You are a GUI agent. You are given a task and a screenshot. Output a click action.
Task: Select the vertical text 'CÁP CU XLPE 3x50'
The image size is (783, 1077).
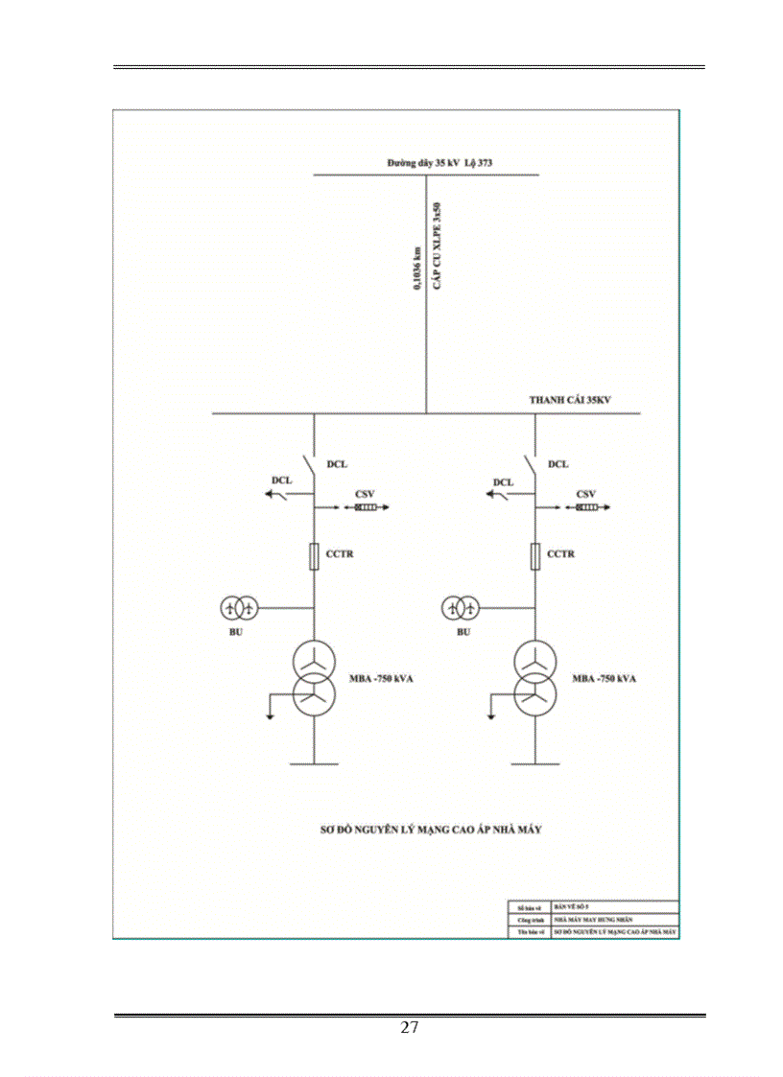(x=437, y=248)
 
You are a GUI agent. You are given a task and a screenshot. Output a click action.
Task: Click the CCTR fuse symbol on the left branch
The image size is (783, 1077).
(x=314, y=555)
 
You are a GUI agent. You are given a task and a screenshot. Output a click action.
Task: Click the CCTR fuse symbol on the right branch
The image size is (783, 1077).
(x=535, y=555)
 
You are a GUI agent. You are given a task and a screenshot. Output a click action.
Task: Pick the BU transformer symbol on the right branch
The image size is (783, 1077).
(x=461, y=607)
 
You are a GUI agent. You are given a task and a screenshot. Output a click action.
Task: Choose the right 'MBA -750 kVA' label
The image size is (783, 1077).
(x=605, y=679)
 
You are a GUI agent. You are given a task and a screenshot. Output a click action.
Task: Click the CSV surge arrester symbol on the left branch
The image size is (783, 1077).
(x=366, y=507)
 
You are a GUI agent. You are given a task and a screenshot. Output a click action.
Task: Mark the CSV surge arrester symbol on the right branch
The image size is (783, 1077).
(x=587, y=507)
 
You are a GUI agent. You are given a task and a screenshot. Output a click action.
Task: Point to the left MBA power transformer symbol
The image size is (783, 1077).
(x=314, y=675)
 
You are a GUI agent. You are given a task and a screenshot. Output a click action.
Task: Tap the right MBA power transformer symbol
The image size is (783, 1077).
(x=535, y=675)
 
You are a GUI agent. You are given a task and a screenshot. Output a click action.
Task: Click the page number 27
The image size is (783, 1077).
(x=410, y=1028)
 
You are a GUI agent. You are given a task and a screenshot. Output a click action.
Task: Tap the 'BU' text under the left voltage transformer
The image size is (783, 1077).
(x=235, y=632)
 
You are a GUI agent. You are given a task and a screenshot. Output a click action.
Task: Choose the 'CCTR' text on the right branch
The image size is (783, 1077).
(x=561, y=554)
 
